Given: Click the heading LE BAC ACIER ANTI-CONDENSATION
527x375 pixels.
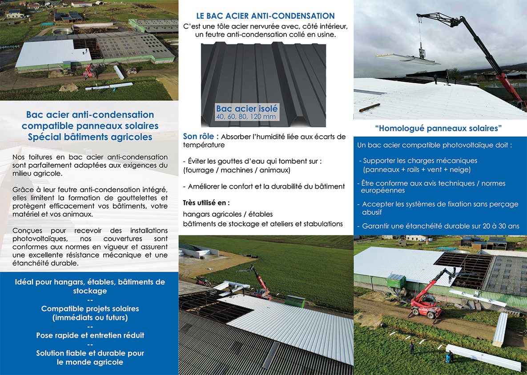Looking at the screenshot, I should [266, 16].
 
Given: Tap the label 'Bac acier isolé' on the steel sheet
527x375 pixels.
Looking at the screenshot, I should [246, 109].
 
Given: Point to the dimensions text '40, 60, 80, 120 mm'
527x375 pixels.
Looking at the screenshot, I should [246, 117].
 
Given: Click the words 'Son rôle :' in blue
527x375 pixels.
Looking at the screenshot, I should [201, 137].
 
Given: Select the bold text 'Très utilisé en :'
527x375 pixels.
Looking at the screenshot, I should [206, 203].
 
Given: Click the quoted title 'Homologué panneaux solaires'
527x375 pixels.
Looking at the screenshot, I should [438, 129].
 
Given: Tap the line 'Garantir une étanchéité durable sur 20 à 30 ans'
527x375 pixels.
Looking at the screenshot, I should [440, 226].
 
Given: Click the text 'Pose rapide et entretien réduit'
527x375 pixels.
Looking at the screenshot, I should [90, 335].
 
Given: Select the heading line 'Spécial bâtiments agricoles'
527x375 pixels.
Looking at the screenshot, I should [90, 137].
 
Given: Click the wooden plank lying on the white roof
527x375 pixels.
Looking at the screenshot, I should [370, 107].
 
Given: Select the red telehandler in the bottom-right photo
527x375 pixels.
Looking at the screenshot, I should [425, 303].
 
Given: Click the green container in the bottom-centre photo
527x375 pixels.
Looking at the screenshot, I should [294, 301].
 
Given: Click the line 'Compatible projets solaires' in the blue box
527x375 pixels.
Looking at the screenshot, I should [90, 309].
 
